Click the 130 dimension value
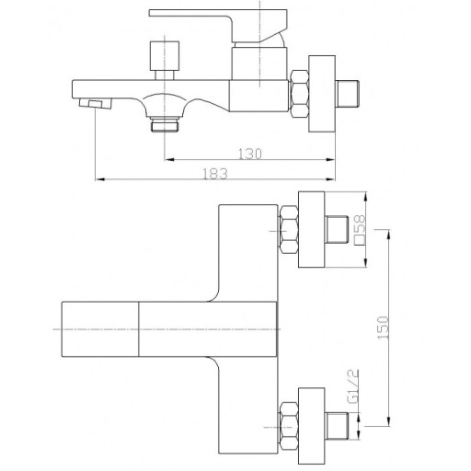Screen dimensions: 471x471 tap(250, 154)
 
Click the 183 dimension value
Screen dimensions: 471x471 tap(215, 174)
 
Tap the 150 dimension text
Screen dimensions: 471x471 tap(384, 327)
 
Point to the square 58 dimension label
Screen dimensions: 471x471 tap(360, 230)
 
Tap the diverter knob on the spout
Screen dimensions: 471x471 tap(165, 56)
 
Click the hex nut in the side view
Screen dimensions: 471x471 tap(299, 94)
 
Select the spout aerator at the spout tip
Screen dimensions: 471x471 tap(95, 104)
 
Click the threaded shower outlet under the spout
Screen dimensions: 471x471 tap(165, 124)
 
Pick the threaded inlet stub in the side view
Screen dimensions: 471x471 tap(347, 94)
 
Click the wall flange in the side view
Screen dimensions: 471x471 tap(322, 94)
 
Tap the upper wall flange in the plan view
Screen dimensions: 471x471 tap(311, 230)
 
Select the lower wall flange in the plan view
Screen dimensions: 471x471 tap(311, 426)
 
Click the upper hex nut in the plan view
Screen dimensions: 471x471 tap(289, 230)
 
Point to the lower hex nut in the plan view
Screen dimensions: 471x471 tap(289, 426)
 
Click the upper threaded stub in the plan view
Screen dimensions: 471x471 tap(337, 229)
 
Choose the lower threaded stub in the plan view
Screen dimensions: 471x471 tap(337, 426)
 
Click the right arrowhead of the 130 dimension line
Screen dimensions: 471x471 tap(330, 159)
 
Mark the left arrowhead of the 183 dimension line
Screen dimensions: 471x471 tap(100, 179)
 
